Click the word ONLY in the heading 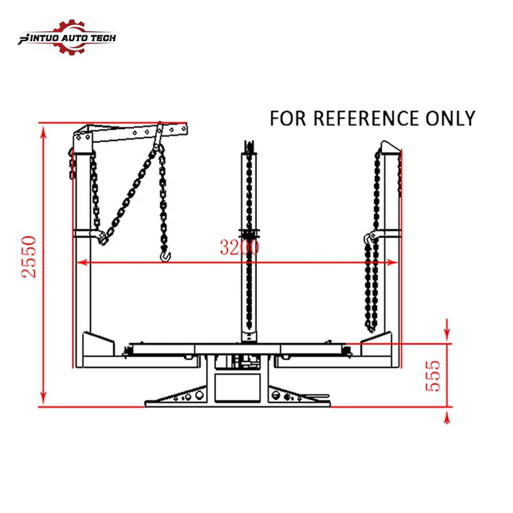click(450, 118)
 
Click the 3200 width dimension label click(239, 247)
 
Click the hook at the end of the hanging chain click(166, 257)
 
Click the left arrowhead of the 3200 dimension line click(81, 262)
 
